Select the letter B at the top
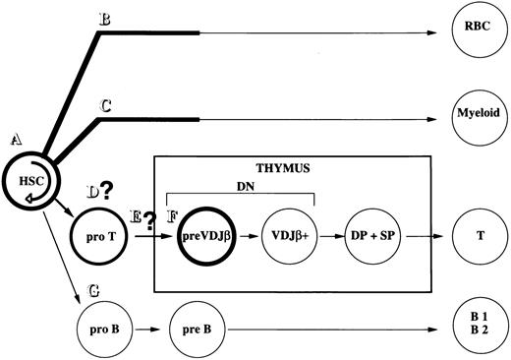[104, 18]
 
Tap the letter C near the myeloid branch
[104, 102]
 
